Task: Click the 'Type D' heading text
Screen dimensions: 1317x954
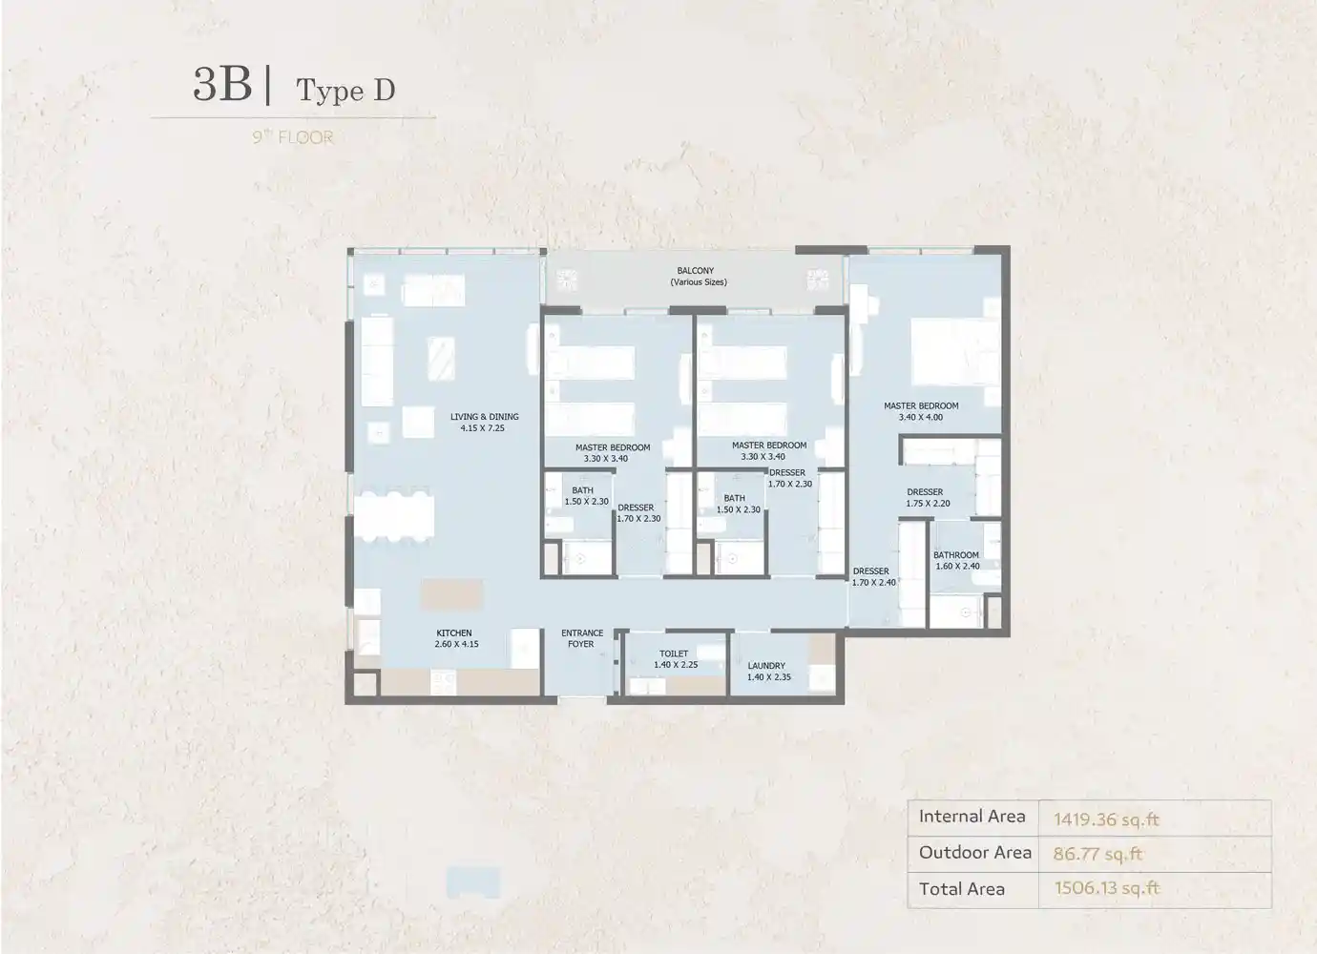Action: tap(345, 91)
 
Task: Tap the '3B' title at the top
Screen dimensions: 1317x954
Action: tap(222, 84)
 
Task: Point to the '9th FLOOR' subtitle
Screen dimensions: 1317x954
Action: tap(293, 137)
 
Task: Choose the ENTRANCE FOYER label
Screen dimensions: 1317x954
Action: tap(581, 638)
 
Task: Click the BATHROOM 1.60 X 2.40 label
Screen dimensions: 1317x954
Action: tap(956, 560)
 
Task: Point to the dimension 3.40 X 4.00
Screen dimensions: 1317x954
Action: tap(920, 417)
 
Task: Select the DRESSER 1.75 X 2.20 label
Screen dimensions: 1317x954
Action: tap(927, 497)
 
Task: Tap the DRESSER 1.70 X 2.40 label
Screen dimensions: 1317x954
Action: tap(873, 576)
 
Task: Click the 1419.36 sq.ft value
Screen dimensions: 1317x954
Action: tap(1106, 819)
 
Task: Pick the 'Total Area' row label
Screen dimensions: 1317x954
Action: tap(961, 889)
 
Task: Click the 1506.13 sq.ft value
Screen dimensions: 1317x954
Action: tap(1106, 887)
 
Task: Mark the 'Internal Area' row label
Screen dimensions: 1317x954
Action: tap(972, 816)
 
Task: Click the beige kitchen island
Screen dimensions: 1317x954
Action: tap(451, 593)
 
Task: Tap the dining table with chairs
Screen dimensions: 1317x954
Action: tap(394, 516)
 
